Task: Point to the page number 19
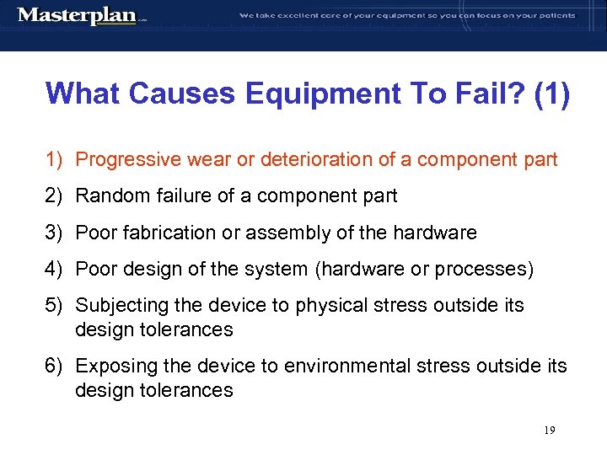pos(549,431)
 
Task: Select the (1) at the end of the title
pos(551,94)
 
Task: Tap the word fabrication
pos(161,233)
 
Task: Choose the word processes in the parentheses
pos(486,269)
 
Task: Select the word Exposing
pos(111,367)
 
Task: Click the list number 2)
pos(55,196)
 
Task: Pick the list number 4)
pos(55,269)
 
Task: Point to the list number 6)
pos(55,367)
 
